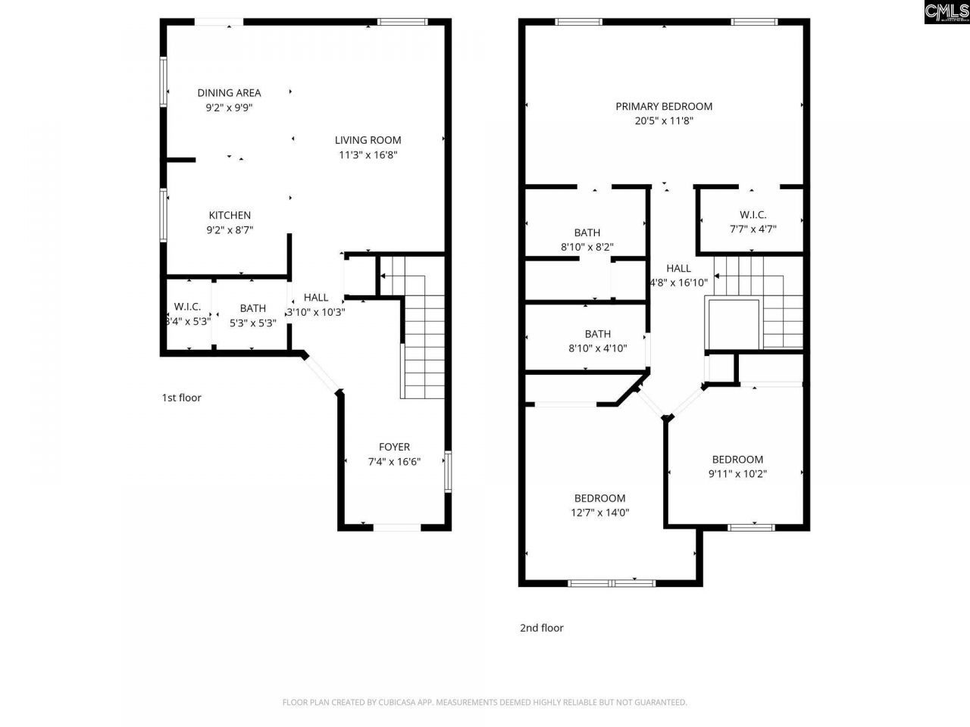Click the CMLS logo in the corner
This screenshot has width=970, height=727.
coord(946,11)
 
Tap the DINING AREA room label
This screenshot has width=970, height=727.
coord(229,93)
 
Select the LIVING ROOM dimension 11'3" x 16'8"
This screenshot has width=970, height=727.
coord(368,155)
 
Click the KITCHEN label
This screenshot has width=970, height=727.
coord(230,216)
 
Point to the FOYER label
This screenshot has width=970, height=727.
coord(394,448)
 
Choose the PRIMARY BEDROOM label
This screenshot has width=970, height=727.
coord(664,107)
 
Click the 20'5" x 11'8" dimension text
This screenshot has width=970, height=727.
coord(664,121)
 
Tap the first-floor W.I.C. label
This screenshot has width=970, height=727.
coord(187,307)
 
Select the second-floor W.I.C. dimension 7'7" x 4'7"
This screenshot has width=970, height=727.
coord(753,229)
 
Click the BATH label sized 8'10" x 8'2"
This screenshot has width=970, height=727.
coord(587,233)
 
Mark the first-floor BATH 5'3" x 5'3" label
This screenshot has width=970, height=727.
coord(252,308)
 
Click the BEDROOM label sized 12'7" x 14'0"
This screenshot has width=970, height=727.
coord(599,498)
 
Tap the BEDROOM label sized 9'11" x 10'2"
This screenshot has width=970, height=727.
coord(737,460)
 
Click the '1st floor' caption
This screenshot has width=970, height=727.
coord(181,398)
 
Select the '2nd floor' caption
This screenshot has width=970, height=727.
coord(541,628)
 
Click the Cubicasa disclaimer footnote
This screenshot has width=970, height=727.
coord(484,703)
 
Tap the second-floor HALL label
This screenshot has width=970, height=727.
coord(678,268)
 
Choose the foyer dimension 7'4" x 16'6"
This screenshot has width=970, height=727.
coord(394,462)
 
